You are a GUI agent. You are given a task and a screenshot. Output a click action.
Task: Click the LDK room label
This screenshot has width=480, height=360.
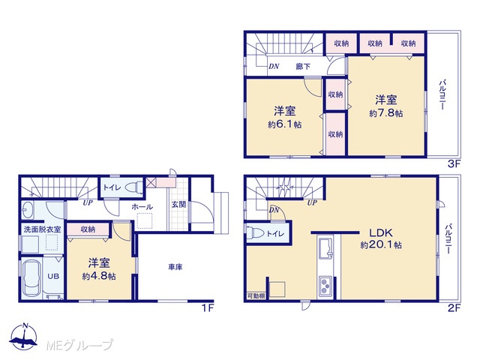click(381, 232)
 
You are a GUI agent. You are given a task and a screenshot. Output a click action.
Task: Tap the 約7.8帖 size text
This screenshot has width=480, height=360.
click(385, 113)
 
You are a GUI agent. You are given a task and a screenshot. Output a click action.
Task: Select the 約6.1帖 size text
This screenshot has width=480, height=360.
click(285, 124)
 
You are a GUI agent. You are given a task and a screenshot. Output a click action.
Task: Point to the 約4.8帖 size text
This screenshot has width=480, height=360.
click(99, 276)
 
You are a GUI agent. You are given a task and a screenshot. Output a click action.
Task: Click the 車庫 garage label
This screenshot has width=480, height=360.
click(175, 267)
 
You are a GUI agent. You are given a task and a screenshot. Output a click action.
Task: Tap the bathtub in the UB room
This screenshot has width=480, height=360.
click(31, 277)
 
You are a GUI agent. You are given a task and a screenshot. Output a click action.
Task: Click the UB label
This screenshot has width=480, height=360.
click(53, 276)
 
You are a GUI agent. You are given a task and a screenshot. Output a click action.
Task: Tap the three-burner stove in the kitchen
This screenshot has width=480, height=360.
click(325, 286)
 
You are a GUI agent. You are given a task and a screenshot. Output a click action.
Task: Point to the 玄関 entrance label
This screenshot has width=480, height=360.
click(178, 204)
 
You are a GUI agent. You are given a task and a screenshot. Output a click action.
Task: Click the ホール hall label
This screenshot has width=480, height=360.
click(142, 207)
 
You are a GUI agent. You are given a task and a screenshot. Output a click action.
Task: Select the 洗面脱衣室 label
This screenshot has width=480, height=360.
click(42, 229)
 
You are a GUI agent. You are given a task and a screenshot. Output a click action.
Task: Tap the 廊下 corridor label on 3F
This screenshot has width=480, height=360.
click(303, 66)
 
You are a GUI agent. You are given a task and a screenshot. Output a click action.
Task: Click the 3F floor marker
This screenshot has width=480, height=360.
click(454, 163)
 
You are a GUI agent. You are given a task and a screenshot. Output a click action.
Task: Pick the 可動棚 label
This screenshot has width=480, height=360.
click(256, 296)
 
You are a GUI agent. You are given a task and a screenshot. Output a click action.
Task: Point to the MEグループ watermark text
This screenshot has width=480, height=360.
click(79, 345)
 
